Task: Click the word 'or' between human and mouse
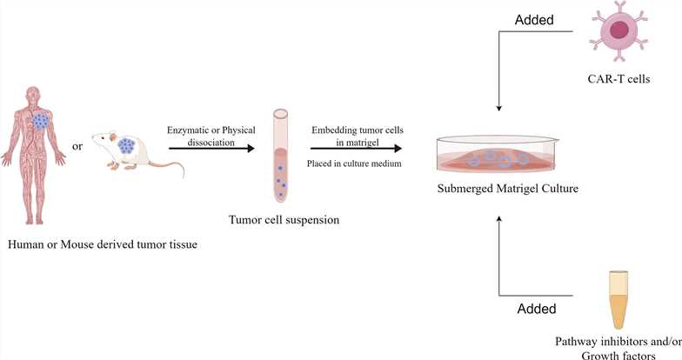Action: [x=77, y=146]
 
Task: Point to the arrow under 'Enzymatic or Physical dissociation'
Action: [x=209, y=149]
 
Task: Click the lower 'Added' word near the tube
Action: [x=538, y=308]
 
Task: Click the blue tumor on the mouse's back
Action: [x=126, y=145]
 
